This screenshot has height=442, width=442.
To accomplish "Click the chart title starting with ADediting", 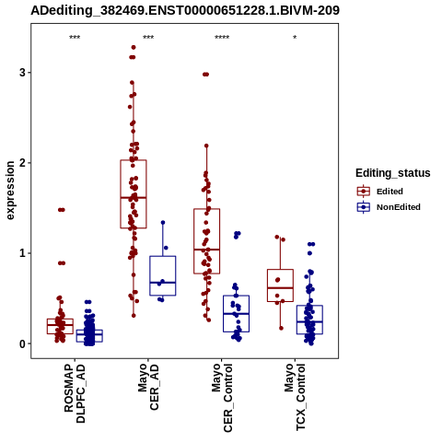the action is click(x=185, y=10).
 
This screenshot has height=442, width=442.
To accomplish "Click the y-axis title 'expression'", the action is click(x=10, y=191).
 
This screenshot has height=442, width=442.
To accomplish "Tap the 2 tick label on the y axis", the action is click(x=22, y=163).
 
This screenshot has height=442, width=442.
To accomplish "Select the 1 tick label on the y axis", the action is click(x=22, y=253).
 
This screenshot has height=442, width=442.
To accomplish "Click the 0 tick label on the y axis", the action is click(x=22, y=343).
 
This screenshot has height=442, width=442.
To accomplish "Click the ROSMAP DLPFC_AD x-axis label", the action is click(x=75, y=393).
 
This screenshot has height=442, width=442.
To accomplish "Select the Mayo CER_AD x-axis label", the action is click(x=148, y=387).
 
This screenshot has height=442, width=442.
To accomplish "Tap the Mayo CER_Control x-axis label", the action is click(x=222, y=398).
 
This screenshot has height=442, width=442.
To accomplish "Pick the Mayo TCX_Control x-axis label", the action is click(x=295, y=398).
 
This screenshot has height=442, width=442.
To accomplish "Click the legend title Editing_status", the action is click(x=393, y=173).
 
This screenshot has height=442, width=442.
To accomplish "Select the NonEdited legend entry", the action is click(x=389, y=207).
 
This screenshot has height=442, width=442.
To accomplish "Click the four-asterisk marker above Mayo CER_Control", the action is click(x=222, y=38).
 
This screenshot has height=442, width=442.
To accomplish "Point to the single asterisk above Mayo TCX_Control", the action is click(x=295, y=37).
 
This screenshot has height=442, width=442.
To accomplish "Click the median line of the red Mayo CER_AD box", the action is click(x=134, y=198).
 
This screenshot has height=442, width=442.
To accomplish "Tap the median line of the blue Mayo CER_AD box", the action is click(x=163, y=283).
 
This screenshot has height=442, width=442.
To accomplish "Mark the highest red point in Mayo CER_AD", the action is click(x=134, y=47).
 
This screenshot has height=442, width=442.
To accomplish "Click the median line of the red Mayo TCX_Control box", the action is click(x=280, y=288).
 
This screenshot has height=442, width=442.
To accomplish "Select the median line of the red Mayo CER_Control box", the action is click(x=207, y=250).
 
